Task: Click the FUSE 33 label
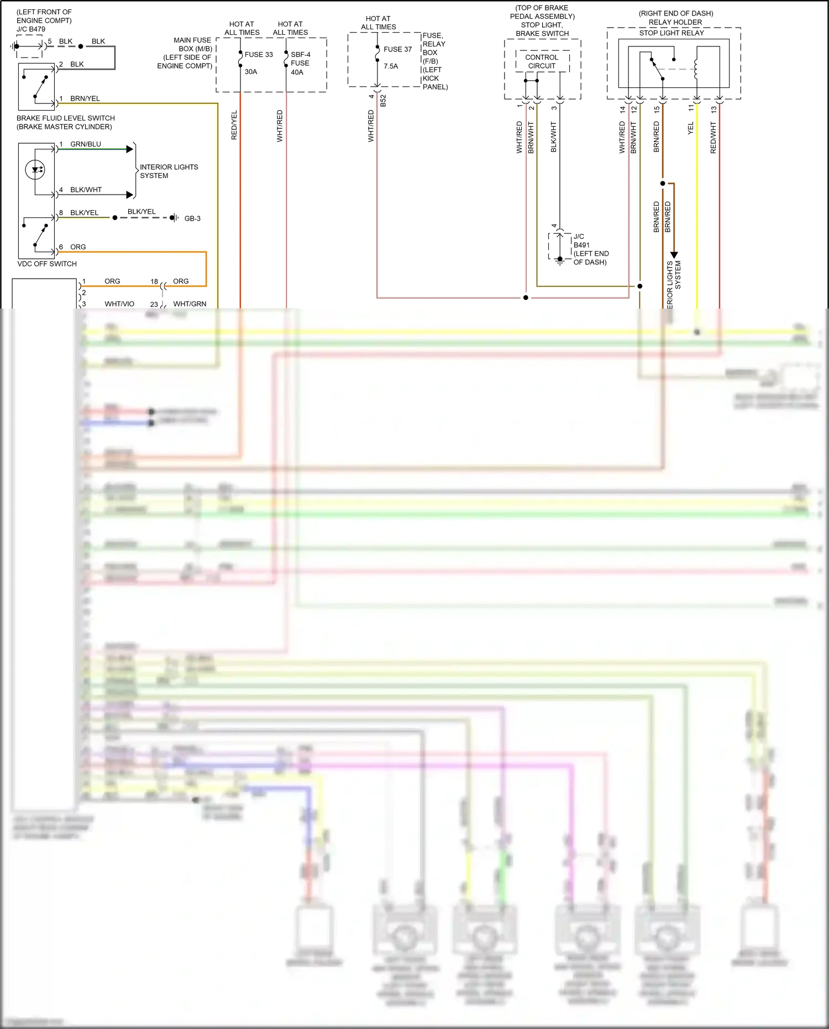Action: click(259, 55)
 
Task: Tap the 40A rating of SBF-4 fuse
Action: click(297, 72)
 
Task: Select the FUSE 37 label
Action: click(397, 49)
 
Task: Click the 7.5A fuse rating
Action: click(391, 66)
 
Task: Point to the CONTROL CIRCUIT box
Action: click(542, 61)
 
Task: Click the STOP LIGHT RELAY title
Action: click(671, 33)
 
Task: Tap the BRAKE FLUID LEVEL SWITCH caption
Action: click(65, 118)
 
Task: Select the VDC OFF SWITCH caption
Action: click(47, 264)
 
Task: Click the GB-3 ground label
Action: click(192, 219)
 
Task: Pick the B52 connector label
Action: click(383, 101)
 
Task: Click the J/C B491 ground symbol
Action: click(560, 260)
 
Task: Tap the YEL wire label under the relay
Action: click(690, 128)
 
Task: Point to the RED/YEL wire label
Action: click(234, 125)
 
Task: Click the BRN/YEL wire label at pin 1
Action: click(85, 99)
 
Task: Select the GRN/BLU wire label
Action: click(86, 144)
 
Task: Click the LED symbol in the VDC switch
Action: click(35, 169)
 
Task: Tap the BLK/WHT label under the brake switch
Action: click(554, 137)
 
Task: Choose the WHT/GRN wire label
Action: click(190, 304)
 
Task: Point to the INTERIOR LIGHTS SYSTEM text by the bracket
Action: click(169, 171)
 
